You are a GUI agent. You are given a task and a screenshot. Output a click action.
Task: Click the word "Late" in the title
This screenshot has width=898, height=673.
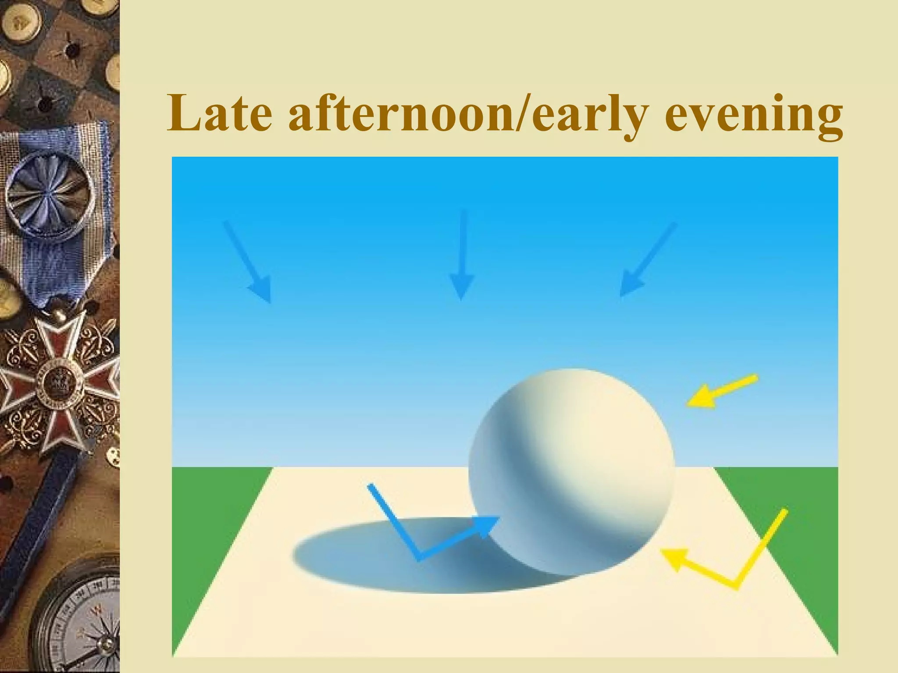[x=219, y=113]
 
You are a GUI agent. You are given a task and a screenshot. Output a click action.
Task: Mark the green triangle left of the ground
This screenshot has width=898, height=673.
[x=206, y=526]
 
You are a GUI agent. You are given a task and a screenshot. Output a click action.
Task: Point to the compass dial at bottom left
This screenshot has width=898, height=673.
[x=83, y=622]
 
